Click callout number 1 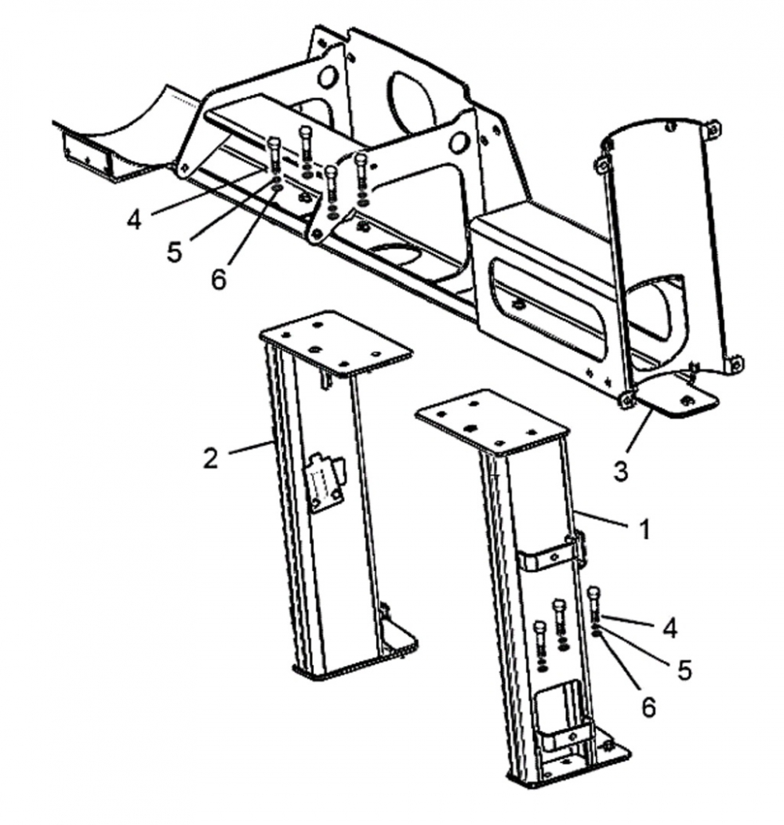(644, 530)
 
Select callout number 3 (621, 471)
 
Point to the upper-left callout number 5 (174, 251)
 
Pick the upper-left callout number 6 (218, 280)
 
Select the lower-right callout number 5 (684, 670)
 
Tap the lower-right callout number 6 (648, 707)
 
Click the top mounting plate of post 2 (336, 342)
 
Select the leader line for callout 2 (252, 447)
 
